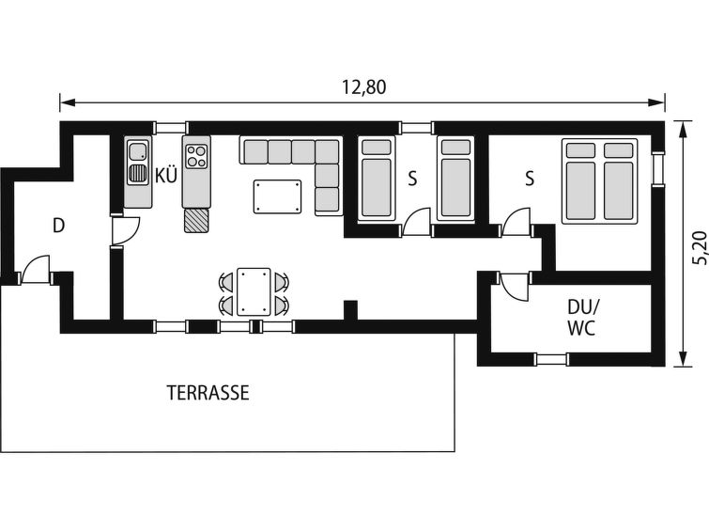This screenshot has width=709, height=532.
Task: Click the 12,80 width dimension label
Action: (364, 86)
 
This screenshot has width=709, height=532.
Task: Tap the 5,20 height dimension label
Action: (699, 247)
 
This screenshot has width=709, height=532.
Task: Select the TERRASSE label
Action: (208, 393)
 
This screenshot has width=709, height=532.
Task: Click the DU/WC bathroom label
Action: (582, 318)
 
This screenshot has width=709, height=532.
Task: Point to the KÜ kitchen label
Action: (166, 175)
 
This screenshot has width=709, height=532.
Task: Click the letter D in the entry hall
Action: (59, 226)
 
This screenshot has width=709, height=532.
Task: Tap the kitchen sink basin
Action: (137, 151)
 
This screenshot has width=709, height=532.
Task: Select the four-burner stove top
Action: (196, 156)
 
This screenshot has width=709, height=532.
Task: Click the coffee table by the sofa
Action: (277, 196)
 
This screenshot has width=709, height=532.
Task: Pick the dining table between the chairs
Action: (254, 291)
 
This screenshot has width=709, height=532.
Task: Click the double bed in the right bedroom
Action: (599, 181)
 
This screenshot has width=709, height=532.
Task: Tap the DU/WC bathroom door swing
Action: (515, 286)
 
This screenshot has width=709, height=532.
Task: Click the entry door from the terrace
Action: (35, 271)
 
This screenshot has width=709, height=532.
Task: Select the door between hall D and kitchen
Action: (125, 231)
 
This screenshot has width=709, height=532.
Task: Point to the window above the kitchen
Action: (170, 127)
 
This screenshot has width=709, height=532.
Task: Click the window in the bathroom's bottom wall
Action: (551, 359)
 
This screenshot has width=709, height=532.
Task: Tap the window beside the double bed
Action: (658, 169)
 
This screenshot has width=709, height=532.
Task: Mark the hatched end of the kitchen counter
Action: (196, 221)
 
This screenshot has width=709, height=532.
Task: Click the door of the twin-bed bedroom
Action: (417, 223)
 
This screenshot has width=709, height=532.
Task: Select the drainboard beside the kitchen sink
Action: (137, 174)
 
